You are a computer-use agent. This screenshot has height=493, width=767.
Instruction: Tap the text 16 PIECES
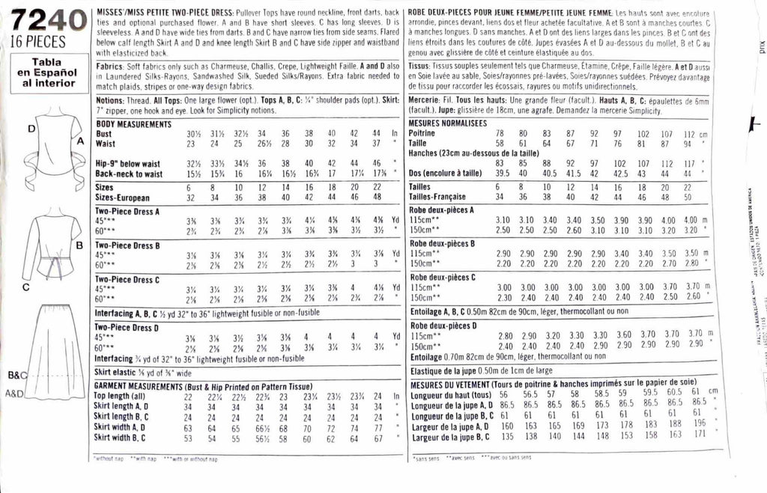39,43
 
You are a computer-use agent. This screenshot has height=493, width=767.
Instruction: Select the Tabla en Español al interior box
46,73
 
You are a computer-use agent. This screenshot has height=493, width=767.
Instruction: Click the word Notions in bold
111,99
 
